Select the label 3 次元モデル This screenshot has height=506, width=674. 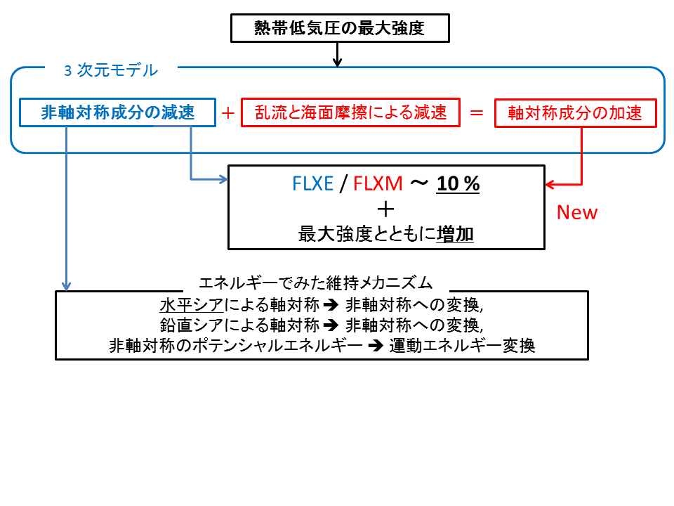pos(111,70)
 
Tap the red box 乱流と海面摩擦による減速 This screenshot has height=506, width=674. pos(350,112)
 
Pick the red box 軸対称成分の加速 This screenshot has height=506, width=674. pos(575,112)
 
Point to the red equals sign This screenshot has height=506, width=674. pos(477,112)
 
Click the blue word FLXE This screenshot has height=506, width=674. pos(313,184)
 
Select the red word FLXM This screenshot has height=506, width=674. pos(378,184)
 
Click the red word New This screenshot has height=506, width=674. pos(576,213)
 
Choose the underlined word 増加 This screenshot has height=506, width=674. pos(455,235)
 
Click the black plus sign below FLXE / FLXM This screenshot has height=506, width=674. pos(385,209)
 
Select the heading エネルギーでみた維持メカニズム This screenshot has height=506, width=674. pos(315,283)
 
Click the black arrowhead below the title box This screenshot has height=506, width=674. pos(338,62)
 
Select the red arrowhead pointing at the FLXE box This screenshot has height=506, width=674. pos(550,185)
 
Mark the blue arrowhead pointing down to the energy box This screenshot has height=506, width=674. pos(66,286)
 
